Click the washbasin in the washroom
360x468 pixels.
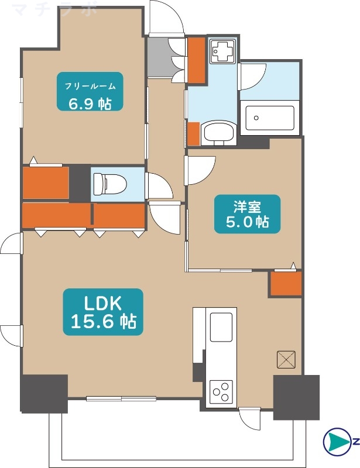click(218, 133)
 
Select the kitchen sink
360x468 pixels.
click(221, 327)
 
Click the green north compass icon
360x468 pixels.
click(336, 442)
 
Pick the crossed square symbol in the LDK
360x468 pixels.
click(286, 359)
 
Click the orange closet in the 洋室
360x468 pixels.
click(286, 284)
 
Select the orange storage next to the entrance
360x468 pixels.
click(196, 60)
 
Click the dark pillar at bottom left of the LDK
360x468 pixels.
click(44, 393)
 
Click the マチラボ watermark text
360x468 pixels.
click(53, 9)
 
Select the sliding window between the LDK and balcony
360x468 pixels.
click(121, 399)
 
